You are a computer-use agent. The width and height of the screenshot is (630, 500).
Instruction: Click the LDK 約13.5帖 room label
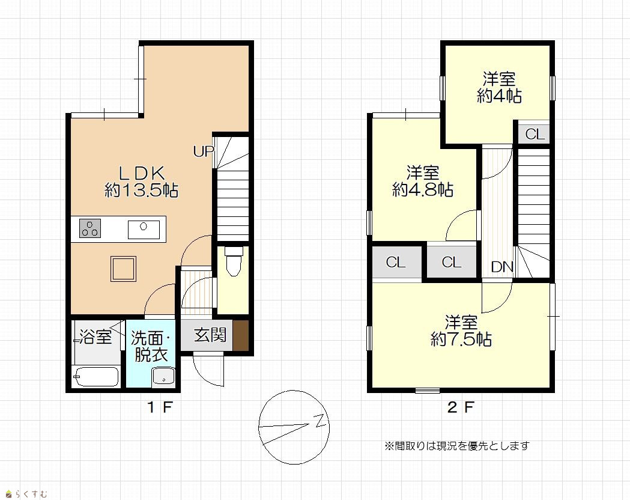click(x=141, y=181)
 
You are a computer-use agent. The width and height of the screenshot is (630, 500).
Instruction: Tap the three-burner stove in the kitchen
click(x=90, y=228)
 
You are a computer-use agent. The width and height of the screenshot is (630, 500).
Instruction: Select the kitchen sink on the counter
click(x=144, y=230)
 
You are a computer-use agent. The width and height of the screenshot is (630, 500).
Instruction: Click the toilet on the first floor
click(x=234, y=261)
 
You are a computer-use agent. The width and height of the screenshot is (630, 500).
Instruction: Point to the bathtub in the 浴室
click(x=96, y=377)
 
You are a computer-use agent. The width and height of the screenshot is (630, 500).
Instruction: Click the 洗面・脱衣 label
click(x=151, y=347)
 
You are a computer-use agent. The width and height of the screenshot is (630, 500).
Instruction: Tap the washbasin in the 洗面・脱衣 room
click(x=163, y=377)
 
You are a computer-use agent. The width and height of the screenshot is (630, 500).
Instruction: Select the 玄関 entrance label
click(x=210, y=335)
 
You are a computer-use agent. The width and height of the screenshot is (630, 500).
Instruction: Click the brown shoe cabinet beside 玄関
click(x=241, y=335)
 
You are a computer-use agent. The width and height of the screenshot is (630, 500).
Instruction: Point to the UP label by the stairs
click(x=204, y=151)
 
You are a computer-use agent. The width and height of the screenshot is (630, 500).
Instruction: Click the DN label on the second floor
click(x=502, y=267)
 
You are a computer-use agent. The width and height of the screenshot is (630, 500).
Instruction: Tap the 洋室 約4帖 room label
click(x=499, y=88)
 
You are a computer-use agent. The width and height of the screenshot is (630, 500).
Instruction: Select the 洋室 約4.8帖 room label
click(x=423, y=181)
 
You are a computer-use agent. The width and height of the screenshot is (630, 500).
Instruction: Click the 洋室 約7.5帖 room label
click(x=461, y=331)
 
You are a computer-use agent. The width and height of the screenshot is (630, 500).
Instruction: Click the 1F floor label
click(x=160, y=407)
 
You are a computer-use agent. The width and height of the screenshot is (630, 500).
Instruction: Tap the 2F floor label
click(x=461, y=407)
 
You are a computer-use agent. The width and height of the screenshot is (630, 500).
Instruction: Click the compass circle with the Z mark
click(x=294, y=427)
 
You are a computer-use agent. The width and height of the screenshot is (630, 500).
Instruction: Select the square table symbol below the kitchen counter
click(x=123, y=269)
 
